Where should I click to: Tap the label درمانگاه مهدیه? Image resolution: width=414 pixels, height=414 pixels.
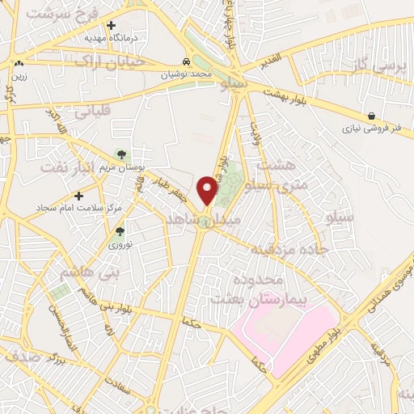(x=112, y=38)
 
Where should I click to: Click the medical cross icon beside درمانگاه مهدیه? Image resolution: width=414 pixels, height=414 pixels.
(x=111, y=25)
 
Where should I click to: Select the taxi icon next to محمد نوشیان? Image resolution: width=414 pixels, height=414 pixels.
(x=187, y=61)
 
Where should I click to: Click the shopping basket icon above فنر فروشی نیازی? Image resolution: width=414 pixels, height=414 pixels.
(x=371, y=116)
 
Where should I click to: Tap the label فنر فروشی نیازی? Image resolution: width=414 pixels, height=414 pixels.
(x=368, y=129)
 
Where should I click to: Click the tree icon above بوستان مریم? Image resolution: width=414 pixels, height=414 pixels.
(x=121, y=153)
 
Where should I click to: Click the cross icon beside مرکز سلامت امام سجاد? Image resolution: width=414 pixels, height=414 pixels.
(x=79, y=196)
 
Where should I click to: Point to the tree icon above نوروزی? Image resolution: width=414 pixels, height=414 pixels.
(x=120, y=231)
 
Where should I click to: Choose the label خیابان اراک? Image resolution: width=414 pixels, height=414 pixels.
(x=108, y=61)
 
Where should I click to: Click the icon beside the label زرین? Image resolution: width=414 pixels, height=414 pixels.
(x=19, y=62)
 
